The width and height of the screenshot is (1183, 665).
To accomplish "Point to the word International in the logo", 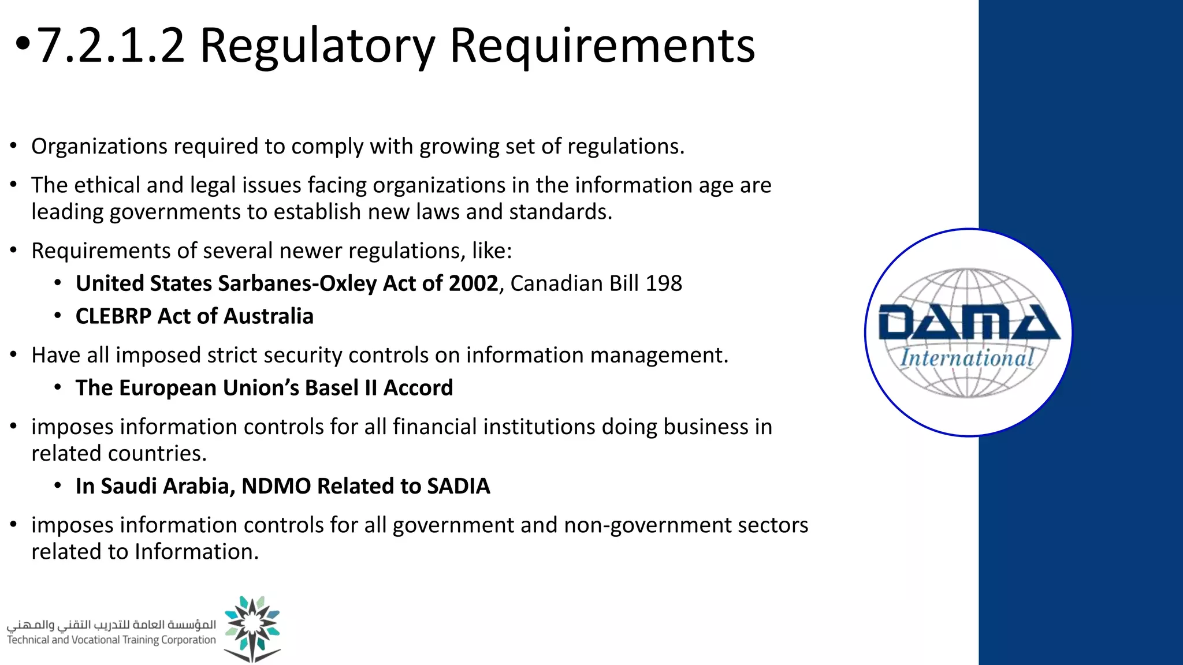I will (967, 358).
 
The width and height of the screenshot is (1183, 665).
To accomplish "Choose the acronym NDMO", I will (276, 486).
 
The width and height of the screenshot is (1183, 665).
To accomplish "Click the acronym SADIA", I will (458, 486).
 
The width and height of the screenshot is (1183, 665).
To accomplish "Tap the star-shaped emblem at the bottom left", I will (252, 628).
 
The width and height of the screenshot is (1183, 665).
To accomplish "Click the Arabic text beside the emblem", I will (111, 625).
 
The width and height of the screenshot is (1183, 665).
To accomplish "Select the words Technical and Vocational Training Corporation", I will (111, 640).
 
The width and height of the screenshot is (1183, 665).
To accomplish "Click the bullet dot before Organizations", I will (13, 147).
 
